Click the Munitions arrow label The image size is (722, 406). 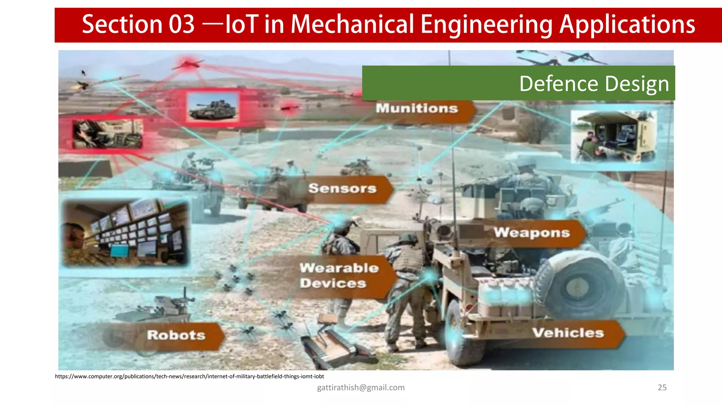point(417,109)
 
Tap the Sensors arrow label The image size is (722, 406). point(343,189)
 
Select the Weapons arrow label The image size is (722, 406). point(532,233)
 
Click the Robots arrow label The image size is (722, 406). point(176,335)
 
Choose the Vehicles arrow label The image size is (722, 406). point(568,333)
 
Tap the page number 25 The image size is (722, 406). point(662,387)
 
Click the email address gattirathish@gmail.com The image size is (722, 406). point(361,387)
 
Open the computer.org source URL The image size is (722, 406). point(189,376)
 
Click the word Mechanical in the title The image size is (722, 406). point(352,25)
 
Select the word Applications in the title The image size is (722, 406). point(627,25)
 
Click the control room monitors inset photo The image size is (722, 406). point(126,233)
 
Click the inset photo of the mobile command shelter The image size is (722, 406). point(613,136)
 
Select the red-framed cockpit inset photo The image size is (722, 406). point(108,134)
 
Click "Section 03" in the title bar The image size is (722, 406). point(138,25)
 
